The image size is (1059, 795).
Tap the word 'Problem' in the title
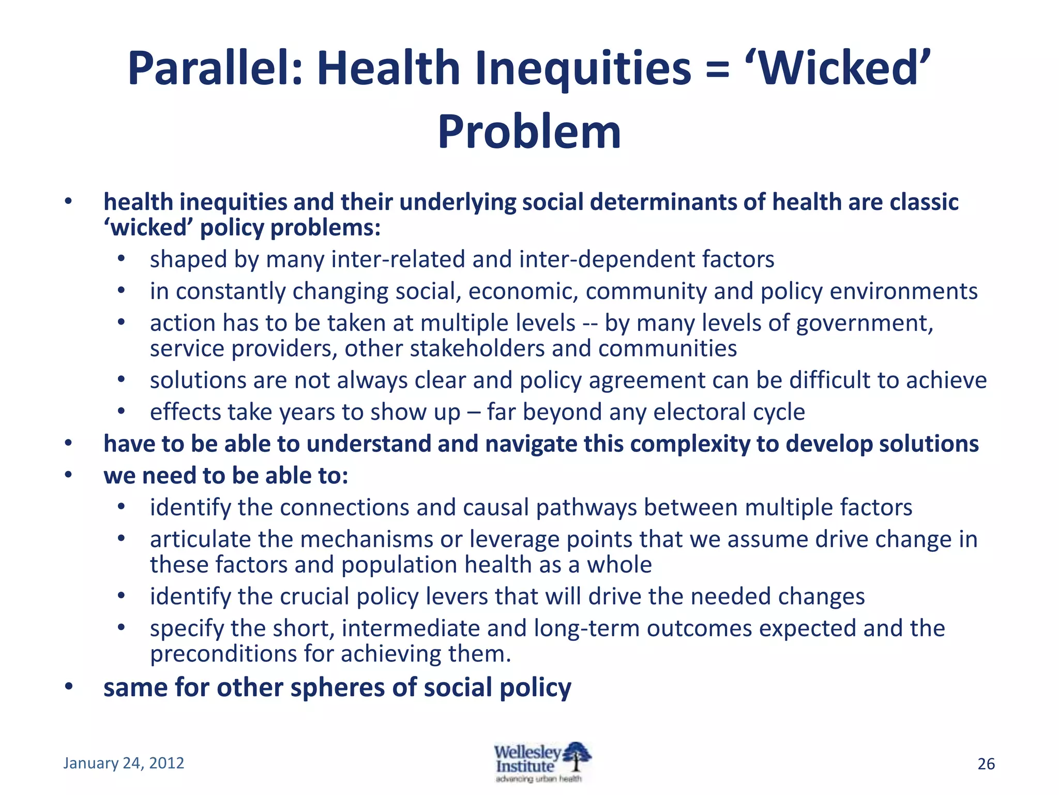click(529, 132)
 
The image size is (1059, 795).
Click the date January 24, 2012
click(124, 763)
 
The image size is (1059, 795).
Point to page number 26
click(986, 764)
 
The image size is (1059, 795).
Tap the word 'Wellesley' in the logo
click(527, 752)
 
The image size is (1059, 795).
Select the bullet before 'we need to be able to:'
click(68, 475)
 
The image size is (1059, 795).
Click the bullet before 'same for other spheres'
click(68, 687)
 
